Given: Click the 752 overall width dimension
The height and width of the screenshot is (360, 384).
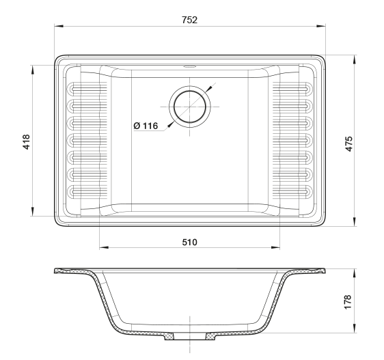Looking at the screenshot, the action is [189, 20].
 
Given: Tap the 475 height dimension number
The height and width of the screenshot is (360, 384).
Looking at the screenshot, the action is [348, 143].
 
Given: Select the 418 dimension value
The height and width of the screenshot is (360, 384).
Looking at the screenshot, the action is [26, 141].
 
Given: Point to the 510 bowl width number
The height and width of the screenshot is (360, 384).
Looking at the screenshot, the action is [189, 243].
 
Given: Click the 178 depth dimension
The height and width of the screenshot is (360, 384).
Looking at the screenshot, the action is [348, 302].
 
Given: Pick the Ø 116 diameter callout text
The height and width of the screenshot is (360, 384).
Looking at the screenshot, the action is [146, 126].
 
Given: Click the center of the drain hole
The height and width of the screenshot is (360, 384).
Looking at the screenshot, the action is [190, 107].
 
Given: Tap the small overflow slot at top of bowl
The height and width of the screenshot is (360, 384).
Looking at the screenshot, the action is [190, 66].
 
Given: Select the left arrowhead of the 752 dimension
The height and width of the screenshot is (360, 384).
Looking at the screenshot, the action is [59, 26].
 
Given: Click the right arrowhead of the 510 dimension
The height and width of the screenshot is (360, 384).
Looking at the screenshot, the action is [275, 247].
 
